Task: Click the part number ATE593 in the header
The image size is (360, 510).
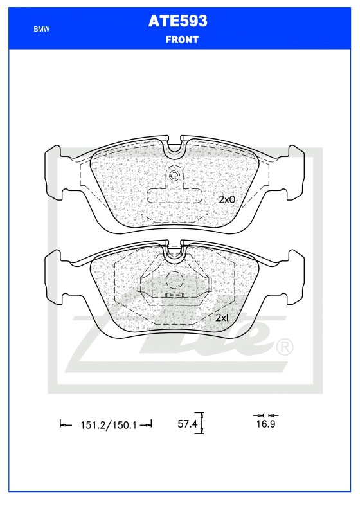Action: point(178,21)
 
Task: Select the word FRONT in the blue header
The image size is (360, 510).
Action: point(182,39)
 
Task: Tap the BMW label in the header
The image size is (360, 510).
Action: point(42,30)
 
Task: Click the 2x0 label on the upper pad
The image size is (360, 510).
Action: point(227,199)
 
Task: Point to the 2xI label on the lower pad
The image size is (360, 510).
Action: point(222,318)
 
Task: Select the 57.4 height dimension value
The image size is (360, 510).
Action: point(186,424)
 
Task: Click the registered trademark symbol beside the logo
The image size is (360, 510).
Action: point(284,347)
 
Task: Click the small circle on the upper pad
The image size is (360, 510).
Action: point(174,175)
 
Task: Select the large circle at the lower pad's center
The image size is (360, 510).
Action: point(174,280)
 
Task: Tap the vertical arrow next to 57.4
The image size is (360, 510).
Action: point(202,423)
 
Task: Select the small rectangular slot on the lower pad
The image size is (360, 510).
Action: point(174,295)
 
